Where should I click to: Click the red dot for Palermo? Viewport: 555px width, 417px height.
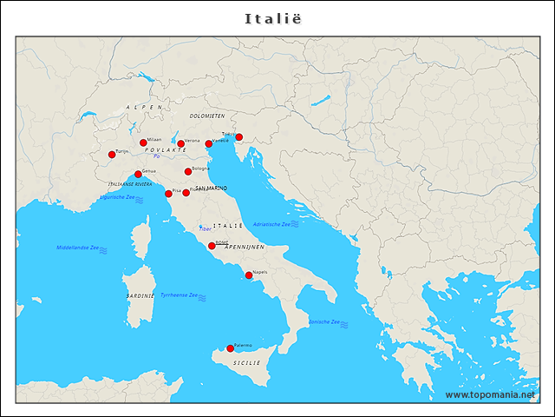pos(230,348)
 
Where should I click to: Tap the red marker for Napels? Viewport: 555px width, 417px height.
pos(249,275)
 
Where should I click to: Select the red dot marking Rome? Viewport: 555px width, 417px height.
pos(212,246)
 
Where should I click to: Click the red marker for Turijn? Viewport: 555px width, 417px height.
pos(112,155)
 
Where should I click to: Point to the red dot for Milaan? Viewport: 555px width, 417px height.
pos(143,142)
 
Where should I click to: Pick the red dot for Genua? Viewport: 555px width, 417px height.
pos(138,175)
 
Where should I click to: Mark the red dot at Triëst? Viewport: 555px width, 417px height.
pos(238,137)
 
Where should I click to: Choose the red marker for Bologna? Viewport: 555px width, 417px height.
pos(188,171)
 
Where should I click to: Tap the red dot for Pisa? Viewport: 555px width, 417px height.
pos(168,194)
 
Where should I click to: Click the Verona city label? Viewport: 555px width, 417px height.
pos(192,141)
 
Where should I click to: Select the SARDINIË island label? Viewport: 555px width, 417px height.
pos(140,295)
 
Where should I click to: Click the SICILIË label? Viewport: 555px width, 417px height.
pos(247,361)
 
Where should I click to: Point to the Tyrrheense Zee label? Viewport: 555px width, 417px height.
pos(180,295)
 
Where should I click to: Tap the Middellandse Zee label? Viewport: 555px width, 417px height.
pos(77,248)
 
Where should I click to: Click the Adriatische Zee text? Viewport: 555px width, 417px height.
pos(271,224)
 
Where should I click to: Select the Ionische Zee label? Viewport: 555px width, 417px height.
pos(324,321)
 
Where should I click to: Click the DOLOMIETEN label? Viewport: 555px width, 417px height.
pos(207,116)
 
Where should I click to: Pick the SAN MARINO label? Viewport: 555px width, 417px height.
pos(211,188)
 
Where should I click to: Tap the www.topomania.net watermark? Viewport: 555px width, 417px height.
pos(496,394)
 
